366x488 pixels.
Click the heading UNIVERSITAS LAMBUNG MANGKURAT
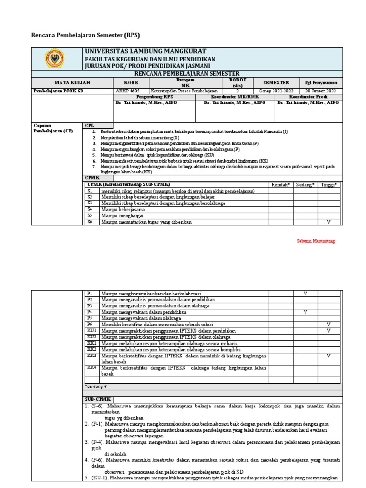145,51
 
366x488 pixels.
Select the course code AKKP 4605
129,91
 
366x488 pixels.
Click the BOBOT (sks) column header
237,82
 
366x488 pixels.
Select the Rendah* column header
281,184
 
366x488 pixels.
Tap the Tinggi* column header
328,184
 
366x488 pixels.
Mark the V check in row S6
328,222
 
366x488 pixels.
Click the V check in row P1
305,293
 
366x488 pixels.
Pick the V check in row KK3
328,356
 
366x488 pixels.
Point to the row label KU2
91,336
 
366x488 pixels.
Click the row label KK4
91,368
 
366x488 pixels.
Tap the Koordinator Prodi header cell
308,96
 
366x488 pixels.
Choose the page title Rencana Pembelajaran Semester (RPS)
85,35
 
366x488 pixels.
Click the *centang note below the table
96,386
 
